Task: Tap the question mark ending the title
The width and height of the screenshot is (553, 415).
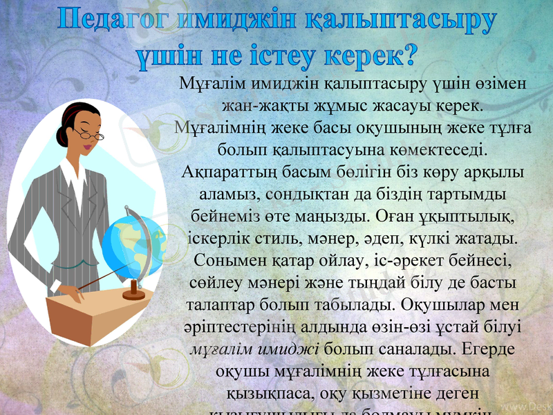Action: [x=408, y=52]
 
